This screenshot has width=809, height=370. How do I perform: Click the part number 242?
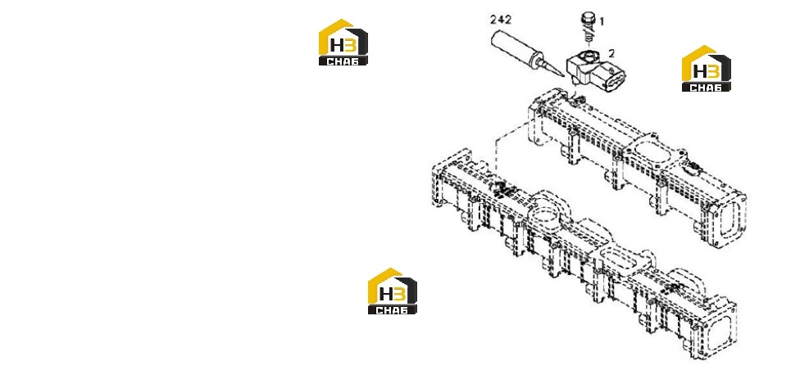point(501,20)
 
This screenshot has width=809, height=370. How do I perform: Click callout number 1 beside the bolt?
point(601,21)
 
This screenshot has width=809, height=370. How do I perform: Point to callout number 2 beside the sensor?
point(611,53)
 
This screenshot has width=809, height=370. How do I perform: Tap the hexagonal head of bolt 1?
point(588,18)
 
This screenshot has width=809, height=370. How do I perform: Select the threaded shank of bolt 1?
point(588,35)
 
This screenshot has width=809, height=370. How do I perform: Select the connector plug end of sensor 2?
point(615,76)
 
